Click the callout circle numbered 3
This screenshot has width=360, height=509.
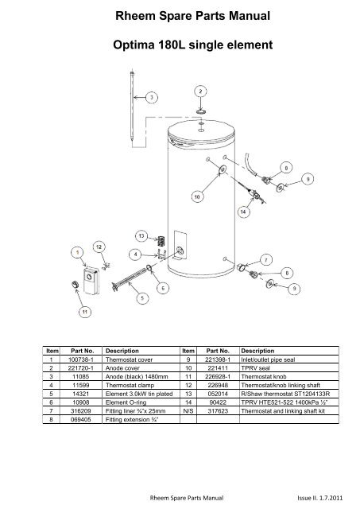[x=153, y=97]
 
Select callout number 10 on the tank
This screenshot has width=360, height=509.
[x=196, y=194]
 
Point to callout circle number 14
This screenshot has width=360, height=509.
[x=244, y=212]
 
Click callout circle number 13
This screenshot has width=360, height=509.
[x=141, y=235]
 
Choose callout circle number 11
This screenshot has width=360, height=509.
[x=82, y=313]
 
